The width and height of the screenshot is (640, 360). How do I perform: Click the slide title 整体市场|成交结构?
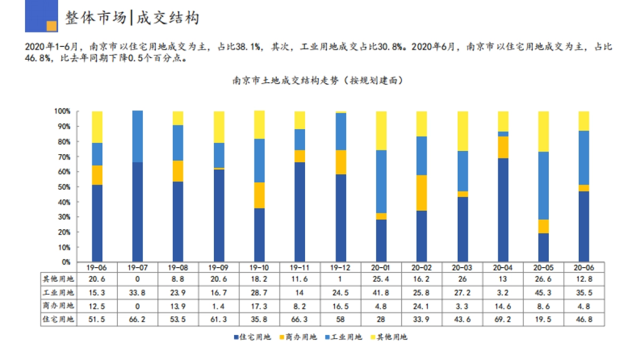(132, 18)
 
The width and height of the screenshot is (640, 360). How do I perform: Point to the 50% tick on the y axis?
(63, 187)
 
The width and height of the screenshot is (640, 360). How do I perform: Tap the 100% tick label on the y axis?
(62, 111)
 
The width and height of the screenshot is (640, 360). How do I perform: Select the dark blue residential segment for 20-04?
(503, 209)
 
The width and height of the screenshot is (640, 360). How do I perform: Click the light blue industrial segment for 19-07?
(138, 137)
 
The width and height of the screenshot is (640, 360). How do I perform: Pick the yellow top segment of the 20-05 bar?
(543, 131)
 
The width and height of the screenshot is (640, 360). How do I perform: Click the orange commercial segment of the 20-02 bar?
(421, 193)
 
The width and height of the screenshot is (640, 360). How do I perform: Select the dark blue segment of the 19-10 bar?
(259, 235)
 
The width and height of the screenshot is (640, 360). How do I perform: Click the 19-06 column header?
(97, 267)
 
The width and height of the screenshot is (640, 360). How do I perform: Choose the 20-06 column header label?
(584, 267)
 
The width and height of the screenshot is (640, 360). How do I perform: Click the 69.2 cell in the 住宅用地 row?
(503, 319)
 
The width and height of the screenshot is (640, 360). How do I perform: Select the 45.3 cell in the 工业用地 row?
(543, 292)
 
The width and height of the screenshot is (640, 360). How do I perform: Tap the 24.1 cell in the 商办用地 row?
(421, 306)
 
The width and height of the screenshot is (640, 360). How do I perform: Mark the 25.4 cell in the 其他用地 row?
(381, 278)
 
